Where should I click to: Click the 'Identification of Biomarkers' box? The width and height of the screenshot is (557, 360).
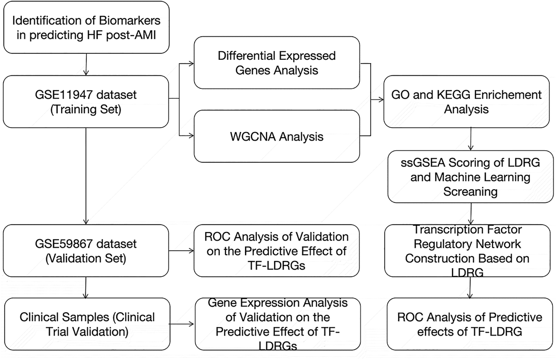tap(86, 27)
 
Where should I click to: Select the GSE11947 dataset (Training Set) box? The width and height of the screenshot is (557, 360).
tap(86, 102)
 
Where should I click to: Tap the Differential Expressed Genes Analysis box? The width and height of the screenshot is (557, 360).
tap(277, 63)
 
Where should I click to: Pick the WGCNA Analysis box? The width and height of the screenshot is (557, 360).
tap(277, 136)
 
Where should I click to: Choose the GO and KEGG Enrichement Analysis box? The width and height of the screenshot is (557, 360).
tap(466, 102)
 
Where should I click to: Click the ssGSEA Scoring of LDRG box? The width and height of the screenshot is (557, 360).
tap(470, 177)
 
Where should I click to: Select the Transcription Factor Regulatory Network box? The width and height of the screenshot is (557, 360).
tap(467, 251)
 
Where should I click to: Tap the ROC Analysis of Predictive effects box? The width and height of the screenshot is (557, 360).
tap(470, 324)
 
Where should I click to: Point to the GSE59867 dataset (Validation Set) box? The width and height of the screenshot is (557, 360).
tap(86, 251)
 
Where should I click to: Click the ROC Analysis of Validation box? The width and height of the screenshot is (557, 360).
tap(277, 251)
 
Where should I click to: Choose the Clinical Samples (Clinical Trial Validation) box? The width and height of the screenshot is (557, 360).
tap(87, 324)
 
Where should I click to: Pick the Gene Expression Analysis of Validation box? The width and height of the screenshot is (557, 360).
tap(277, 324)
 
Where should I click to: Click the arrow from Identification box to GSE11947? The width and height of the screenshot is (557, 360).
tap(86, 65)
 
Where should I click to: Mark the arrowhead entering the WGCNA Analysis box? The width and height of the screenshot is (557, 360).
tap(191, 136)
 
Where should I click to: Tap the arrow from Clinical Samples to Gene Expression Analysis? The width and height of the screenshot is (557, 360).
tap(182, 324)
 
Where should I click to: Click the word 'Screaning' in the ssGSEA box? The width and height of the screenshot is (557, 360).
tap(470, 192)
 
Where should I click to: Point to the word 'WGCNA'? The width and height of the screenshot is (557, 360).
tap(253, 137)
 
